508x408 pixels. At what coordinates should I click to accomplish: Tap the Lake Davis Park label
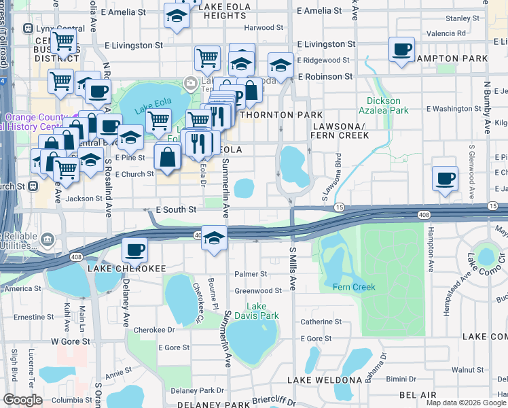click(262, 311)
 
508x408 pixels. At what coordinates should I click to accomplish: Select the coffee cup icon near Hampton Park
click(402, 49)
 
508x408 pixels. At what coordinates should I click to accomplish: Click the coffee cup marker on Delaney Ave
click(134, 250)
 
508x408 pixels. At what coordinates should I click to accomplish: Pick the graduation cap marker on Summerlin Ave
click(214, 239)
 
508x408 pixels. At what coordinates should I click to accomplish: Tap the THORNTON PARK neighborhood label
click(272, 115)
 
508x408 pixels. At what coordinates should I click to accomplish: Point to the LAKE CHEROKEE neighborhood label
click(126, 269)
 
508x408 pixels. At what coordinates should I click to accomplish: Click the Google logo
click(22, 400)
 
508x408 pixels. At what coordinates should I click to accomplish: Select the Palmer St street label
click(251, 274)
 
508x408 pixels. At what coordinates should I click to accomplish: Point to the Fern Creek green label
click(354, 287)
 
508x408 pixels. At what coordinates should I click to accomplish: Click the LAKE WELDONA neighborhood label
click(324, 379)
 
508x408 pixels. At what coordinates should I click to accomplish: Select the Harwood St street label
click(264, 28)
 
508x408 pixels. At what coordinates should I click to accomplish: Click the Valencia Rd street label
click(446, 33)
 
